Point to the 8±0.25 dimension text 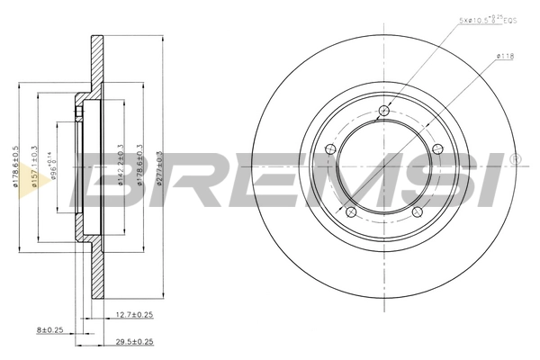point(49,328)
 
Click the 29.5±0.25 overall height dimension point(134,342)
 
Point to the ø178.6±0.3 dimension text point(139,166)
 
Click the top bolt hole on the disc point(384,111)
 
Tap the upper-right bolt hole point(437,148)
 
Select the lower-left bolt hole point(351,211)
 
